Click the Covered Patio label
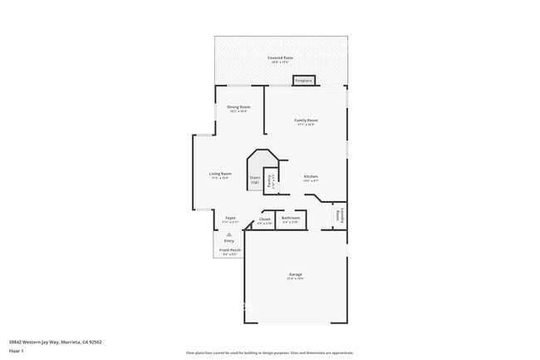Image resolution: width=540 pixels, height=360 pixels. (x=280, y=57)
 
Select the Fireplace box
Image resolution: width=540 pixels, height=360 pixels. (x=303, y=81)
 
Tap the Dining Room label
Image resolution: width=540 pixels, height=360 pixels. (x=238, y=107)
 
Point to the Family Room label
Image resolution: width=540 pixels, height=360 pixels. (x=306, y=121)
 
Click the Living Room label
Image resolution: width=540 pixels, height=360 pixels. (x=220, y=174)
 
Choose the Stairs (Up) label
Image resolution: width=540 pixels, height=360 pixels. (x=255, y=179)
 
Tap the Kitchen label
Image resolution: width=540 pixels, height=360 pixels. (x=311, y=176)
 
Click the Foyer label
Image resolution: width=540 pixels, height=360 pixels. (x=230, y=218)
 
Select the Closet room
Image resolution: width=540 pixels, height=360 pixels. (x=264, y=220)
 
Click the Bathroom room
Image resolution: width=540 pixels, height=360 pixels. (x=291, y=220)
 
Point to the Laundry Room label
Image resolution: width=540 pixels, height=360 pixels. (x=339, y=215)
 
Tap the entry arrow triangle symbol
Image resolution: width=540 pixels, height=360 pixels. (x=228, y=235)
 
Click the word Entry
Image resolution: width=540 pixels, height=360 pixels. (x=228, y=241)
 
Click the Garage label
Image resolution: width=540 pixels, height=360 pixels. (x=295, y=274)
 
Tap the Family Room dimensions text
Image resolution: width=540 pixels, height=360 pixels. (x=306, y=125)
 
